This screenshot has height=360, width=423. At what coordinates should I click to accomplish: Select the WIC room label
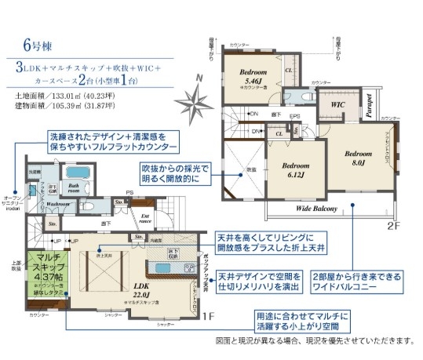click(x=338, y=104)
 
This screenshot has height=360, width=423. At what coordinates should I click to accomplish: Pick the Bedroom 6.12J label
click(x=297, y=170)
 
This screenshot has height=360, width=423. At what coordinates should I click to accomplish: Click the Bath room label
click(x=75, y=188)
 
